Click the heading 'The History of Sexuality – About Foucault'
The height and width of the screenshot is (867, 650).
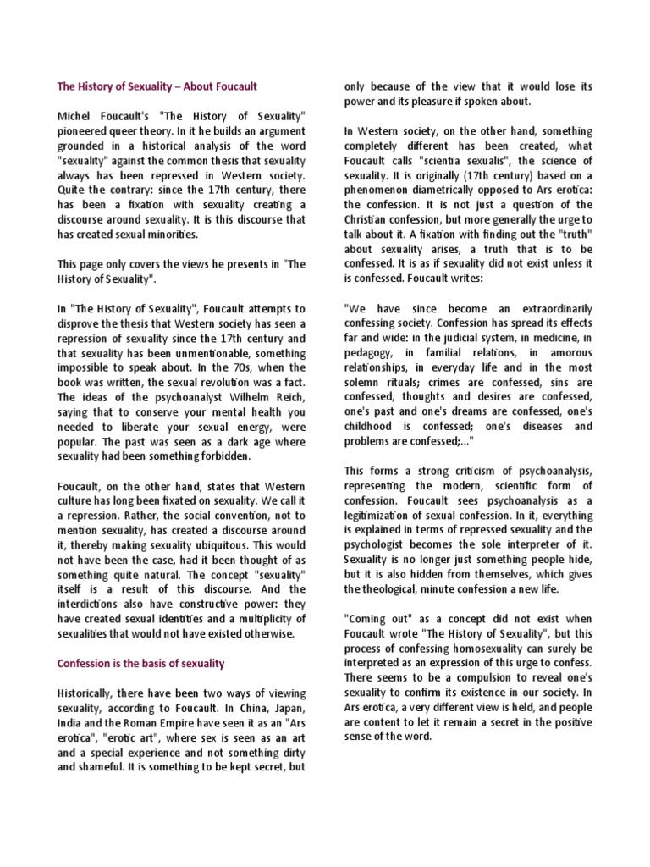pyautogui.click(x=157, y=86)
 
